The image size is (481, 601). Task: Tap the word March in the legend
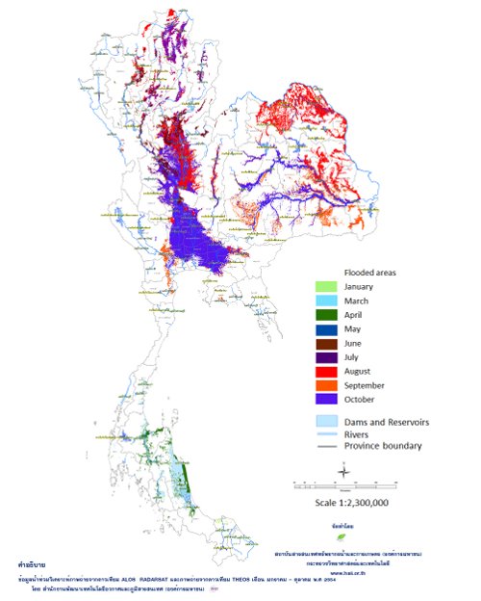[359, 300]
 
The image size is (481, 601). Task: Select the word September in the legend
[369, 384]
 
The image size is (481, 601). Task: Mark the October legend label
[364, 399]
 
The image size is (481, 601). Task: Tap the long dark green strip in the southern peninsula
[188, 477]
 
